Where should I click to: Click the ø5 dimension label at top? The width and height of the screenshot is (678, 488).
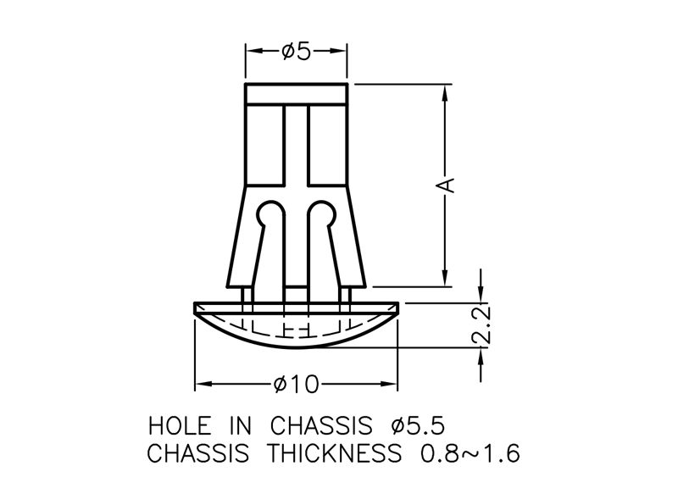pyautogui.click(x=296, y=51)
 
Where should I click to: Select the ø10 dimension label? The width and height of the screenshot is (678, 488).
pyautogui.click(x=296, y=385)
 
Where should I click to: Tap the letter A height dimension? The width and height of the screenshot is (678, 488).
pyautogui.click(x=446, y=185)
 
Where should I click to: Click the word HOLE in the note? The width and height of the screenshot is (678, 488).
pyautogui.click(x=180, y=426)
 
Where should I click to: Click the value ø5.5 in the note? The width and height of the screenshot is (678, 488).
pyautogui.click(x=417, y=426)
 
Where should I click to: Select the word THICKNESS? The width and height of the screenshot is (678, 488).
pyautogui.click(x=333, y=453)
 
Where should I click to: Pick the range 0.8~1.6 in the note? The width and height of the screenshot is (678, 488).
pyautogui.click(x=470, y=453)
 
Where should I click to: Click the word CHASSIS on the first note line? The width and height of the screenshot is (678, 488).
pyautogui.click(x=321, y=426)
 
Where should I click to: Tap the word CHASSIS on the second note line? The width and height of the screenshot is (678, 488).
pyautogui.click(x=198, y=453)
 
